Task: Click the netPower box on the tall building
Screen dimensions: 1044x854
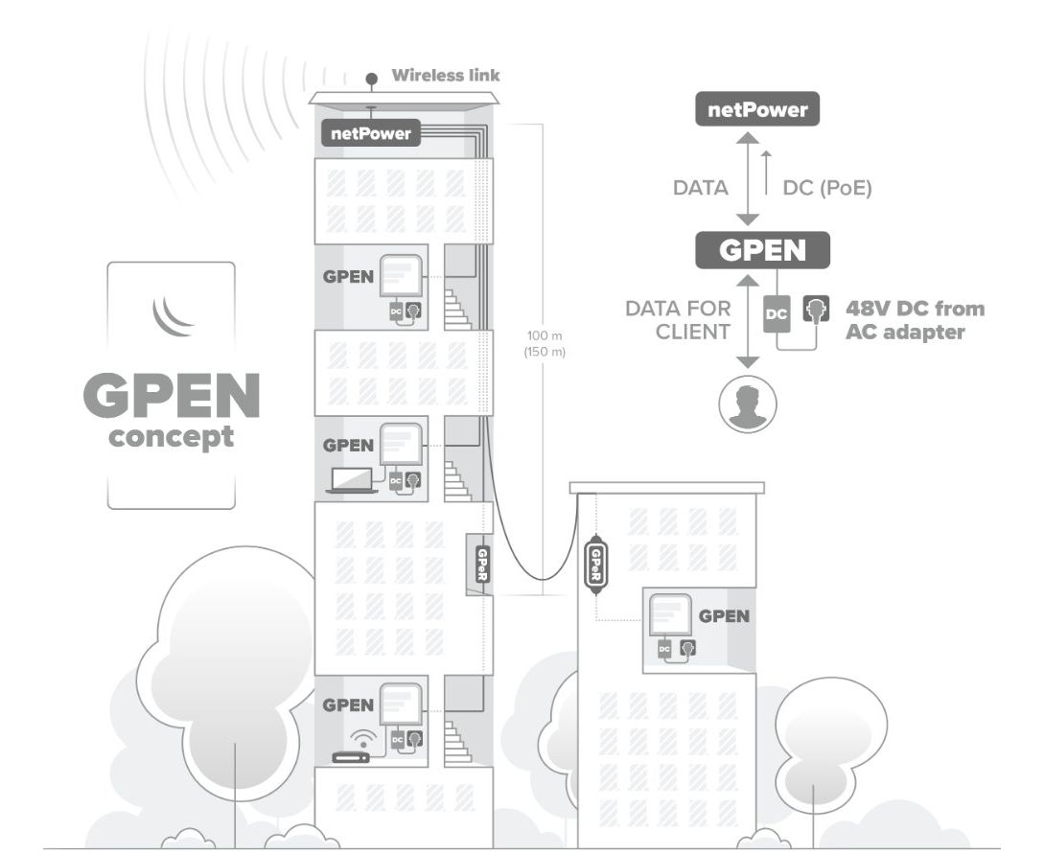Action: (x=371, y=133)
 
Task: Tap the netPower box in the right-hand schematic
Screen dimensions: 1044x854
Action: (x=757, y=109)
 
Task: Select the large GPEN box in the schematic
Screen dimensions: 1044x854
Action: (x=762, y=250)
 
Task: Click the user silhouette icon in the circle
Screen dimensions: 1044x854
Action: (x=748, y=404)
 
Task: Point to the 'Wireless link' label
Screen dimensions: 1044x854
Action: (x=446, y=75)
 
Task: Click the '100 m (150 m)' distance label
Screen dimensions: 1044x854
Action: (x=545, y=343)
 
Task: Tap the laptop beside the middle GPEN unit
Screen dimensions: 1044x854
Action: (x=352, y=480)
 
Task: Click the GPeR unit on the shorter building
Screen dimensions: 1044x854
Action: (x=595, y=565)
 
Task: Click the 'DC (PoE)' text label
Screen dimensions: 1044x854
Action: (x=827, y=188)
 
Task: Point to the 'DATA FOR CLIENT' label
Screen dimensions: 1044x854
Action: (x=678, y=320)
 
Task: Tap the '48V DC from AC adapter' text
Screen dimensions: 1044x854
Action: (x=915, y=320)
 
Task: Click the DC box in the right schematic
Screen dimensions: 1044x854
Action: (x=777, y=314)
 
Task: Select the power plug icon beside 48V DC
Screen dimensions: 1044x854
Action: (x=816, y=310)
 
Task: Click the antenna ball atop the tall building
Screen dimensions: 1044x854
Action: (x=372, y=80)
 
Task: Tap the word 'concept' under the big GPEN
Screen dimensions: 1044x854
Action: (x=171, y=437)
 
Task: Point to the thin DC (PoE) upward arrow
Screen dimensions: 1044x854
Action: (x=766, y=173)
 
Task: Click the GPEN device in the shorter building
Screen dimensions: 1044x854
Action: (x=671, y=615)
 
